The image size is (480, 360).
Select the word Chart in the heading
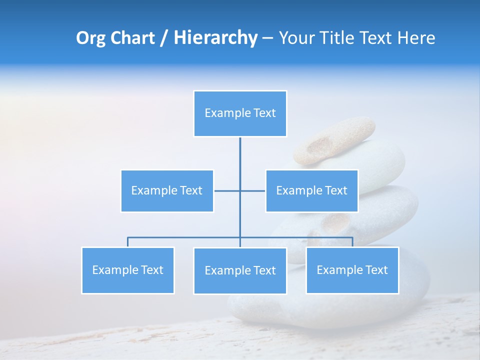(x=131, y=38)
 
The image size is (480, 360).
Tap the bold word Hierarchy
(x=215, y=38)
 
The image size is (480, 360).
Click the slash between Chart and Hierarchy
(x=163, y=38)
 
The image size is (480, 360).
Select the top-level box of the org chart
(x=240, y=113)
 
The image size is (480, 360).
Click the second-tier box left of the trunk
(x=167, y=190)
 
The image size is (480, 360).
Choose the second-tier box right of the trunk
(x=311, y=190)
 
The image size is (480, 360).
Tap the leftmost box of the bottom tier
(x=127, y=270)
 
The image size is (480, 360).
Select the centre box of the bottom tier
(x=240, y=270)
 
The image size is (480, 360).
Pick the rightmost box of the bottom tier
(x=352, y=270)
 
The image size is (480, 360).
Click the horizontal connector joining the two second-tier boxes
(x=227, y=190)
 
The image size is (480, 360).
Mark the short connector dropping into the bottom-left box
(x=127, y=242)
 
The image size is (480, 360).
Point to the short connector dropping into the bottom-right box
(x=352, y=242)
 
